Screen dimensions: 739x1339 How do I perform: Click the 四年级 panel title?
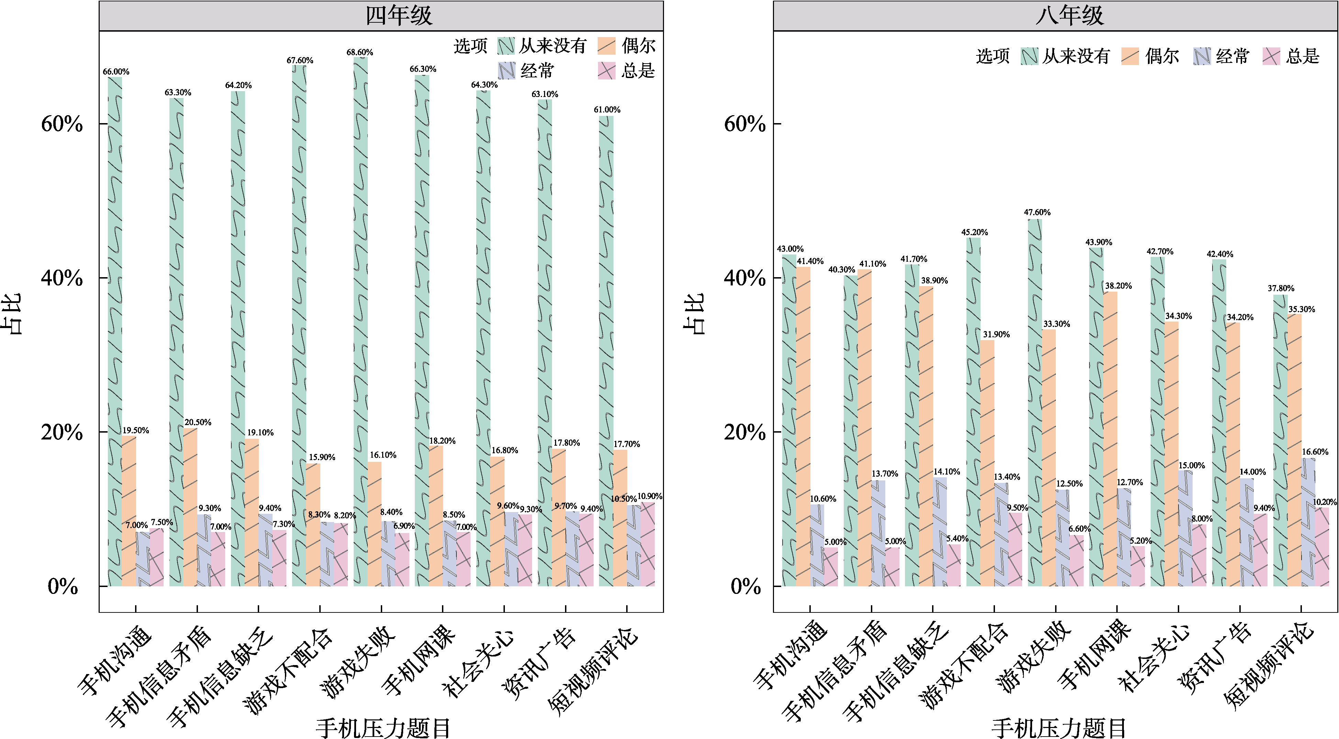pyautogui.click(x=399, y=15)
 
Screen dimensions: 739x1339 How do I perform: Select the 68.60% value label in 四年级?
pyautogui.click(x=360, y=52)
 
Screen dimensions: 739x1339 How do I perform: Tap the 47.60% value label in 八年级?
pyautogui.click(x=1037, y=212)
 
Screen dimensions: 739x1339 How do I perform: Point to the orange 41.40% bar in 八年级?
pyautogui.click(x=803, y=426)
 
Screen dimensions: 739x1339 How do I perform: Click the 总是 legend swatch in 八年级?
pyautogui.click(x=1271, y=56)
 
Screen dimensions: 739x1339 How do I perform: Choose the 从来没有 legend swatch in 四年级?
pyautogui.click(x=506, y=46)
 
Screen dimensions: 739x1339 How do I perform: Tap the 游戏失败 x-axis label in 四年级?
pyautogui.click(x=359, y=661)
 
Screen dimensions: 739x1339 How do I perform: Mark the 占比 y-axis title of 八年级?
pyautogui.click(x=694, y=314)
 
